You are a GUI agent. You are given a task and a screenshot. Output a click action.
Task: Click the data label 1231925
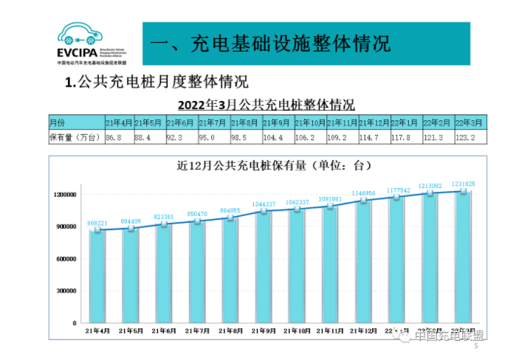point(462,184)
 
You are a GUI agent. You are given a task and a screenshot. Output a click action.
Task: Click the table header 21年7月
point(214,122)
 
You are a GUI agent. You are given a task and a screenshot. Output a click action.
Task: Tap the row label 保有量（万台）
point(74,137)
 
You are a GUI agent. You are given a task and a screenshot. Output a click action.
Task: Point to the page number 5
point(476,347)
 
